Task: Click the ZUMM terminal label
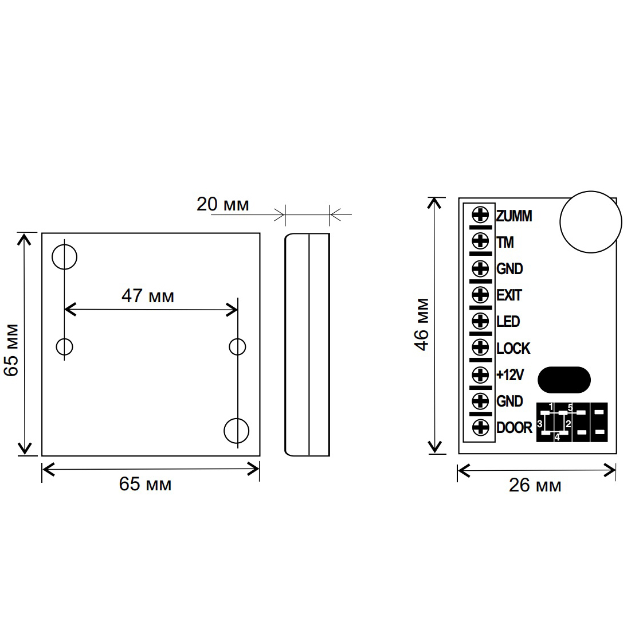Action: point(514,216)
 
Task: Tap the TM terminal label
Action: point(505,243)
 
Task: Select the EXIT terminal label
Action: point(509,295)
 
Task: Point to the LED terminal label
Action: point(508,322)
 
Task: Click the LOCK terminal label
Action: point(513,348)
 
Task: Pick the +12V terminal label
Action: point(509,374)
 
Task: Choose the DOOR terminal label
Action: point(514,427)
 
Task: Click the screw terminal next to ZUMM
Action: point(480,214)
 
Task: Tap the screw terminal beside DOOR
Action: point(480,427)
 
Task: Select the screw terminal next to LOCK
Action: point(480,348)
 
